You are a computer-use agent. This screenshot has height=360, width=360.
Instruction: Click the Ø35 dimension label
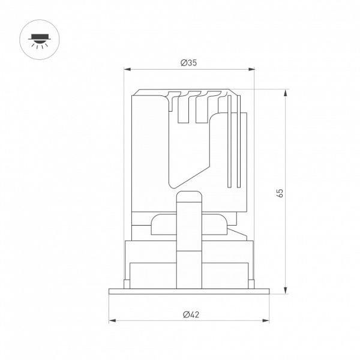[188, 62]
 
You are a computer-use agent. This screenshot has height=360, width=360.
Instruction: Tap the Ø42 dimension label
[191, 314]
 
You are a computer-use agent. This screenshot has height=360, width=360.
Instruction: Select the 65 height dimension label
[280, 193]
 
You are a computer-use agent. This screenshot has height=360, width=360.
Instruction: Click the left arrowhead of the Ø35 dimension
[127, 69]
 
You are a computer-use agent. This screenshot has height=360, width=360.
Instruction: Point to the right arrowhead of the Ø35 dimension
[251, 69]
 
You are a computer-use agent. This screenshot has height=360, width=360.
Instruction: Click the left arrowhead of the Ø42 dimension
[113, 320]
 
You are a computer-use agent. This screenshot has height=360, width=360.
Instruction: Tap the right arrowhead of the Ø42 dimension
[266, 320]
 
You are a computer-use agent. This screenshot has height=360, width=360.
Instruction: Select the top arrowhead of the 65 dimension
[286, 93]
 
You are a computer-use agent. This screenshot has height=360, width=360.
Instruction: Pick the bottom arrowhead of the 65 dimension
[286, 290]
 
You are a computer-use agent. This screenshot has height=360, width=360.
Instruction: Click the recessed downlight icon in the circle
[40, 41]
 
